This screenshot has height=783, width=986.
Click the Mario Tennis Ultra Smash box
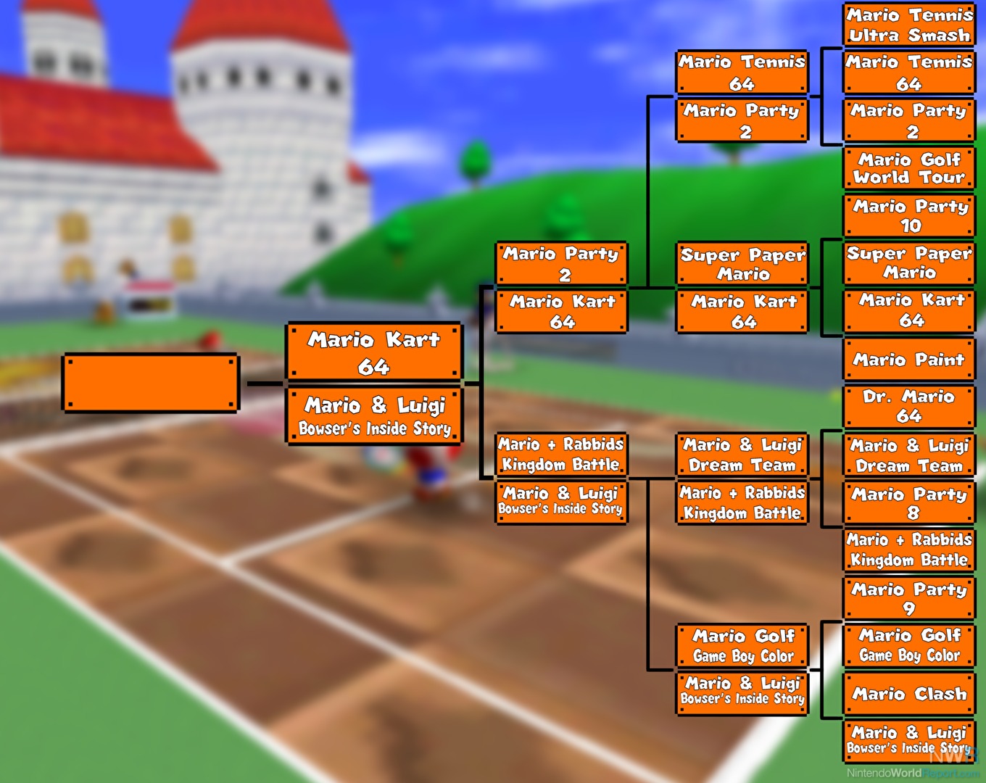tap(909, 24)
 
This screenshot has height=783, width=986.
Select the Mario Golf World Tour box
tap(909, 168)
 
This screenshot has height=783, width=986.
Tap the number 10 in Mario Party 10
tap(911, 225)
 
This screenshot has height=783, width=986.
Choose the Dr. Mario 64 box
tap(909, 407)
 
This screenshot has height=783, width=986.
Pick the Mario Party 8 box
tap(909, 502)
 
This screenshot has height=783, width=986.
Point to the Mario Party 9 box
tap(909, 598)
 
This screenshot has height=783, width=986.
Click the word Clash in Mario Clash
tap(940, 694)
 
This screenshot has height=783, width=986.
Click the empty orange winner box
tap(151, 383)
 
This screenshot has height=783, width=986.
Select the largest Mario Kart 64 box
tap(374, 352)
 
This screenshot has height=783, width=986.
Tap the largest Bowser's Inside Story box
tap(374, 416)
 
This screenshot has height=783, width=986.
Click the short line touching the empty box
tap(265, 384)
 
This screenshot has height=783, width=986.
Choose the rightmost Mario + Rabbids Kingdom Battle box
tap(909, 550)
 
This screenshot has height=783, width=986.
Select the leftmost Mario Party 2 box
tap(562, 263)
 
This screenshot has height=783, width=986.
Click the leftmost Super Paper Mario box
tap(742, 263)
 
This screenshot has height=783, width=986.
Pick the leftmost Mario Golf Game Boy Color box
tap(742, 645)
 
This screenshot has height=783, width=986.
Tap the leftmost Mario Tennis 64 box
tap(742, 72)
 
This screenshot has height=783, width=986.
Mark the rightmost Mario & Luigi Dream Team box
tap(909, 455)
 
